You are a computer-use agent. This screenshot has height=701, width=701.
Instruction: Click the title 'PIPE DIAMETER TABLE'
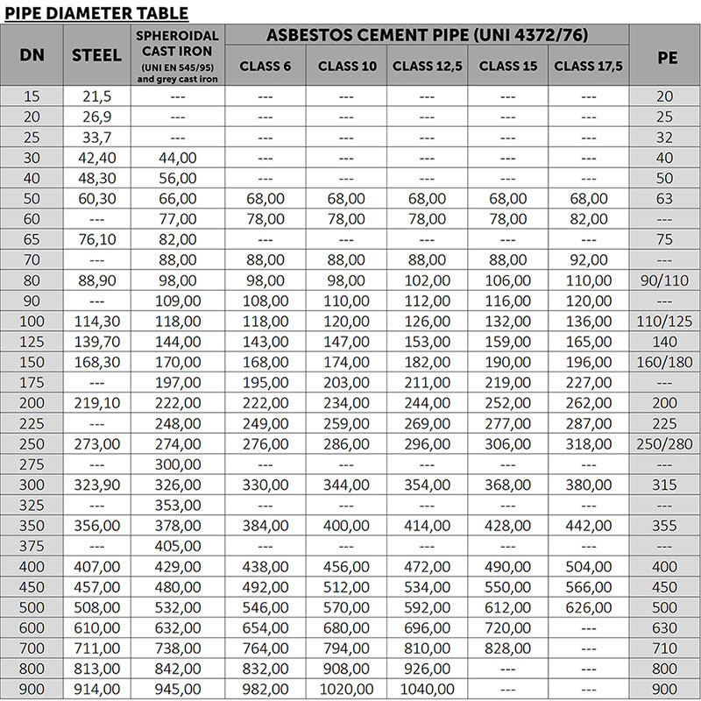click(96, 12)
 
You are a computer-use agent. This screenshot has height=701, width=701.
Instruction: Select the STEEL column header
click(97, 54)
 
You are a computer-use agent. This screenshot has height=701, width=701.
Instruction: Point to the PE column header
click(664, 54)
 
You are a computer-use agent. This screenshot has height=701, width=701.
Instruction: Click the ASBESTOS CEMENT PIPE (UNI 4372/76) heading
click(427, 35)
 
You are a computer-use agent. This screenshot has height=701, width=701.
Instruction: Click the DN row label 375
click(31, 544)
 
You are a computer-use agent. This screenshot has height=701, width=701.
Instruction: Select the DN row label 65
click(31, 239)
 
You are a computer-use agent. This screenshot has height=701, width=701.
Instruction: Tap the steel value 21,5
click(97, 96)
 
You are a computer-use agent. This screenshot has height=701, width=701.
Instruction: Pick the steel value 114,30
click(97, 321)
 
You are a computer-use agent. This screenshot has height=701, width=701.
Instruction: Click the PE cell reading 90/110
click(664, 280)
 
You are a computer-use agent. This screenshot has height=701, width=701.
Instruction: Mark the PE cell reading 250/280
click(664, 443)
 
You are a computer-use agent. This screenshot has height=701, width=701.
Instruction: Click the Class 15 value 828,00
click(508, 647)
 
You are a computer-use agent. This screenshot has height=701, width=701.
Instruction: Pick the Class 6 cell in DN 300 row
click(265, 484)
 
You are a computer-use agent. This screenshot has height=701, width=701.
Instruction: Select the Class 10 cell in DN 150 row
click(346, 362)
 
